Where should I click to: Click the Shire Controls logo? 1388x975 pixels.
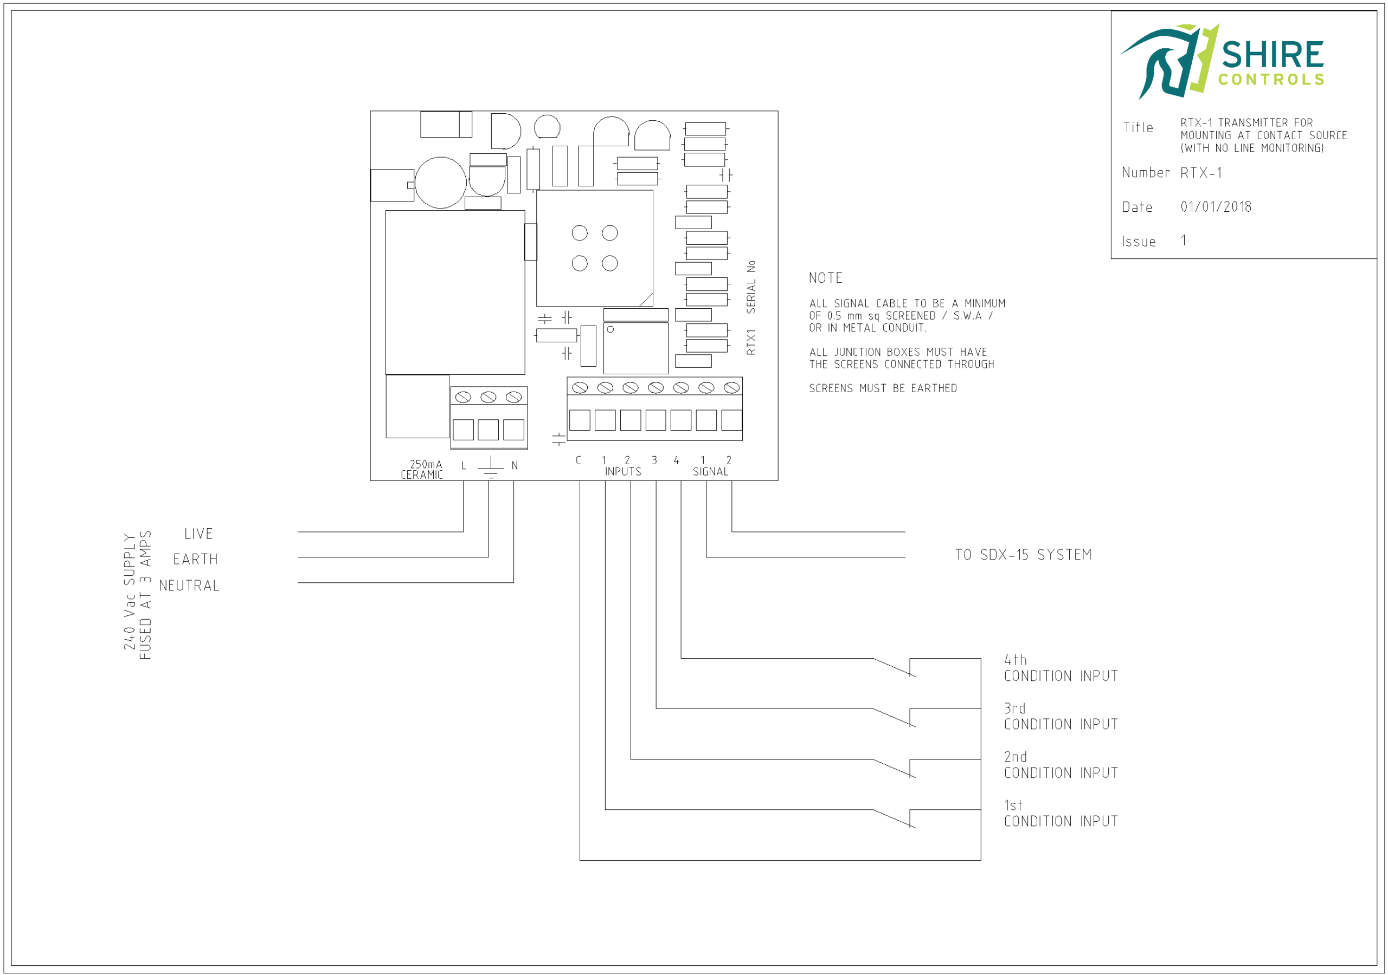tap(1222, 61)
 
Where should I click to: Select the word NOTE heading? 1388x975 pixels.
tap(825, 278)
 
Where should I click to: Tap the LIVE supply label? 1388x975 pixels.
tap(198, 534)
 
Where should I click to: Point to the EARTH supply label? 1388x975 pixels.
tap(195, 560)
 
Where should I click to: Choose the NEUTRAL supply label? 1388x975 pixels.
tap(189, 586)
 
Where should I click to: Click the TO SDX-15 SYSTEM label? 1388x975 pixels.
tap(1023, 555)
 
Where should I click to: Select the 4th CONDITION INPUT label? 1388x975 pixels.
tap(1061, 668)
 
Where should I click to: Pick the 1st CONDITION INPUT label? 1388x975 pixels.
tap(1061, 814)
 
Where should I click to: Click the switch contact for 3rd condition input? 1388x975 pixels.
tap(895, 718)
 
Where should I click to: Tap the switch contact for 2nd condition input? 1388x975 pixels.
tap(895, 769)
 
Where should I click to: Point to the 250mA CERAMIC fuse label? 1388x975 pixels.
tap(422, 470)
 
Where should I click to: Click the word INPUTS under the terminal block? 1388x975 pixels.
tap(622, 472)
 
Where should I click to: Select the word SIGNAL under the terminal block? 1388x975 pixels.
tap(710, 472)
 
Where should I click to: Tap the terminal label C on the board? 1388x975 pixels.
tap(579, 460)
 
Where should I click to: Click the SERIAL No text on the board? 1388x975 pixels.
tap(751, 287)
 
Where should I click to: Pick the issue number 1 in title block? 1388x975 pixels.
tap(1184, 241)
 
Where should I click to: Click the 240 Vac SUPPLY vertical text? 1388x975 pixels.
tap(130, 592)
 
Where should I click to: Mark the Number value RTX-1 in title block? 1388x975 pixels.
tap(1201, 173)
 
